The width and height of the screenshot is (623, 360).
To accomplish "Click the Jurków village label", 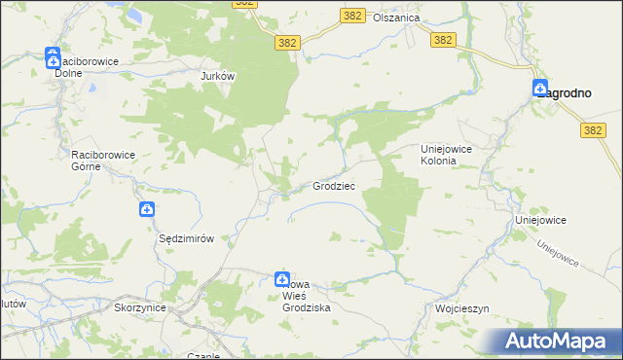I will pyautogui.click(x=219, y=75).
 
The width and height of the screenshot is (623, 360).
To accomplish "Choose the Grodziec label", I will pyautogui.click(x=333, y=186).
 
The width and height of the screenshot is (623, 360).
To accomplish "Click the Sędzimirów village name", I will pyautogui.click(x=186, y=238).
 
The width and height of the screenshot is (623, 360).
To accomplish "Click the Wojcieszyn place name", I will pyautogui.click(x=461, y=308).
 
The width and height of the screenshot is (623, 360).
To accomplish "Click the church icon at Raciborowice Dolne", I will pyautogui.click(x=53, y=58).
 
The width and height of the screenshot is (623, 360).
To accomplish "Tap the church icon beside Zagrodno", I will pyautogui.click(x=541, y=89).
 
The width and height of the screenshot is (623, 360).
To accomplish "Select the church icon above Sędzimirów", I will pyautogui.click(x=146, y=208).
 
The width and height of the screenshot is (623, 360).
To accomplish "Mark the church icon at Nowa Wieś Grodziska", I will pyautogui.click(x=282, y=279).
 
